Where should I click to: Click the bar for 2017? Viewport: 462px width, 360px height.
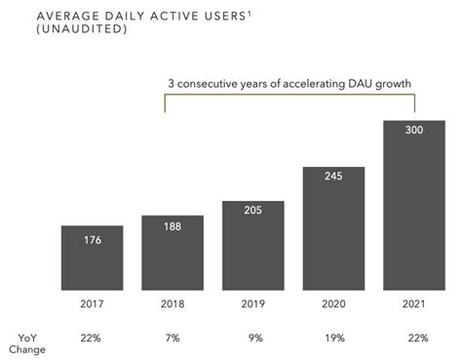click(92, 258)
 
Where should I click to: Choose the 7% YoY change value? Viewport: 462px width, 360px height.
click(173, 337)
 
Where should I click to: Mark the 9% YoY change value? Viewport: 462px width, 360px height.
click(253, 337)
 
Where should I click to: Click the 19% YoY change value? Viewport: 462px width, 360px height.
click(333, 337)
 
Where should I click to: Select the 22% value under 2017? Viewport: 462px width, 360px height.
click(92, 337)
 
